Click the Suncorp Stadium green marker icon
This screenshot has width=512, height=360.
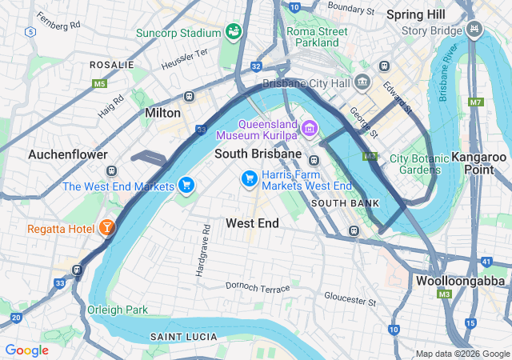pos(234,32)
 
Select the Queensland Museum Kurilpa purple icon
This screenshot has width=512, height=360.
pos(310,127)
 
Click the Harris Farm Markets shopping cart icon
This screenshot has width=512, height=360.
pos(250,177)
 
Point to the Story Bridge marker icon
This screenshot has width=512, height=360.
pos(476,30)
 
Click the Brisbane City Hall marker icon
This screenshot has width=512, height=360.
pos(362,82)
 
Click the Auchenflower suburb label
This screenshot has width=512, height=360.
pos(62,154)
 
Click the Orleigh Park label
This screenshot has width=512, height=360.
pos(118,310)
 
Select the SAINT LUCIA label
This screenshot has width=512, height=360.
pos(179,338)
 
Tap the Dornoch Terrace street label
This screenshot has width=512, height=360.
pos(258,286)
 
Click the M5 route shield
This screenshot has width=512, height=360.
pos(99,83)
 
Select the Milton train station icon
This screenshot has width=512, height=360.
pos(190,97)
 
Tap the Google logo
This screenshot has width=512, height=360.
pos(26,350)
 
